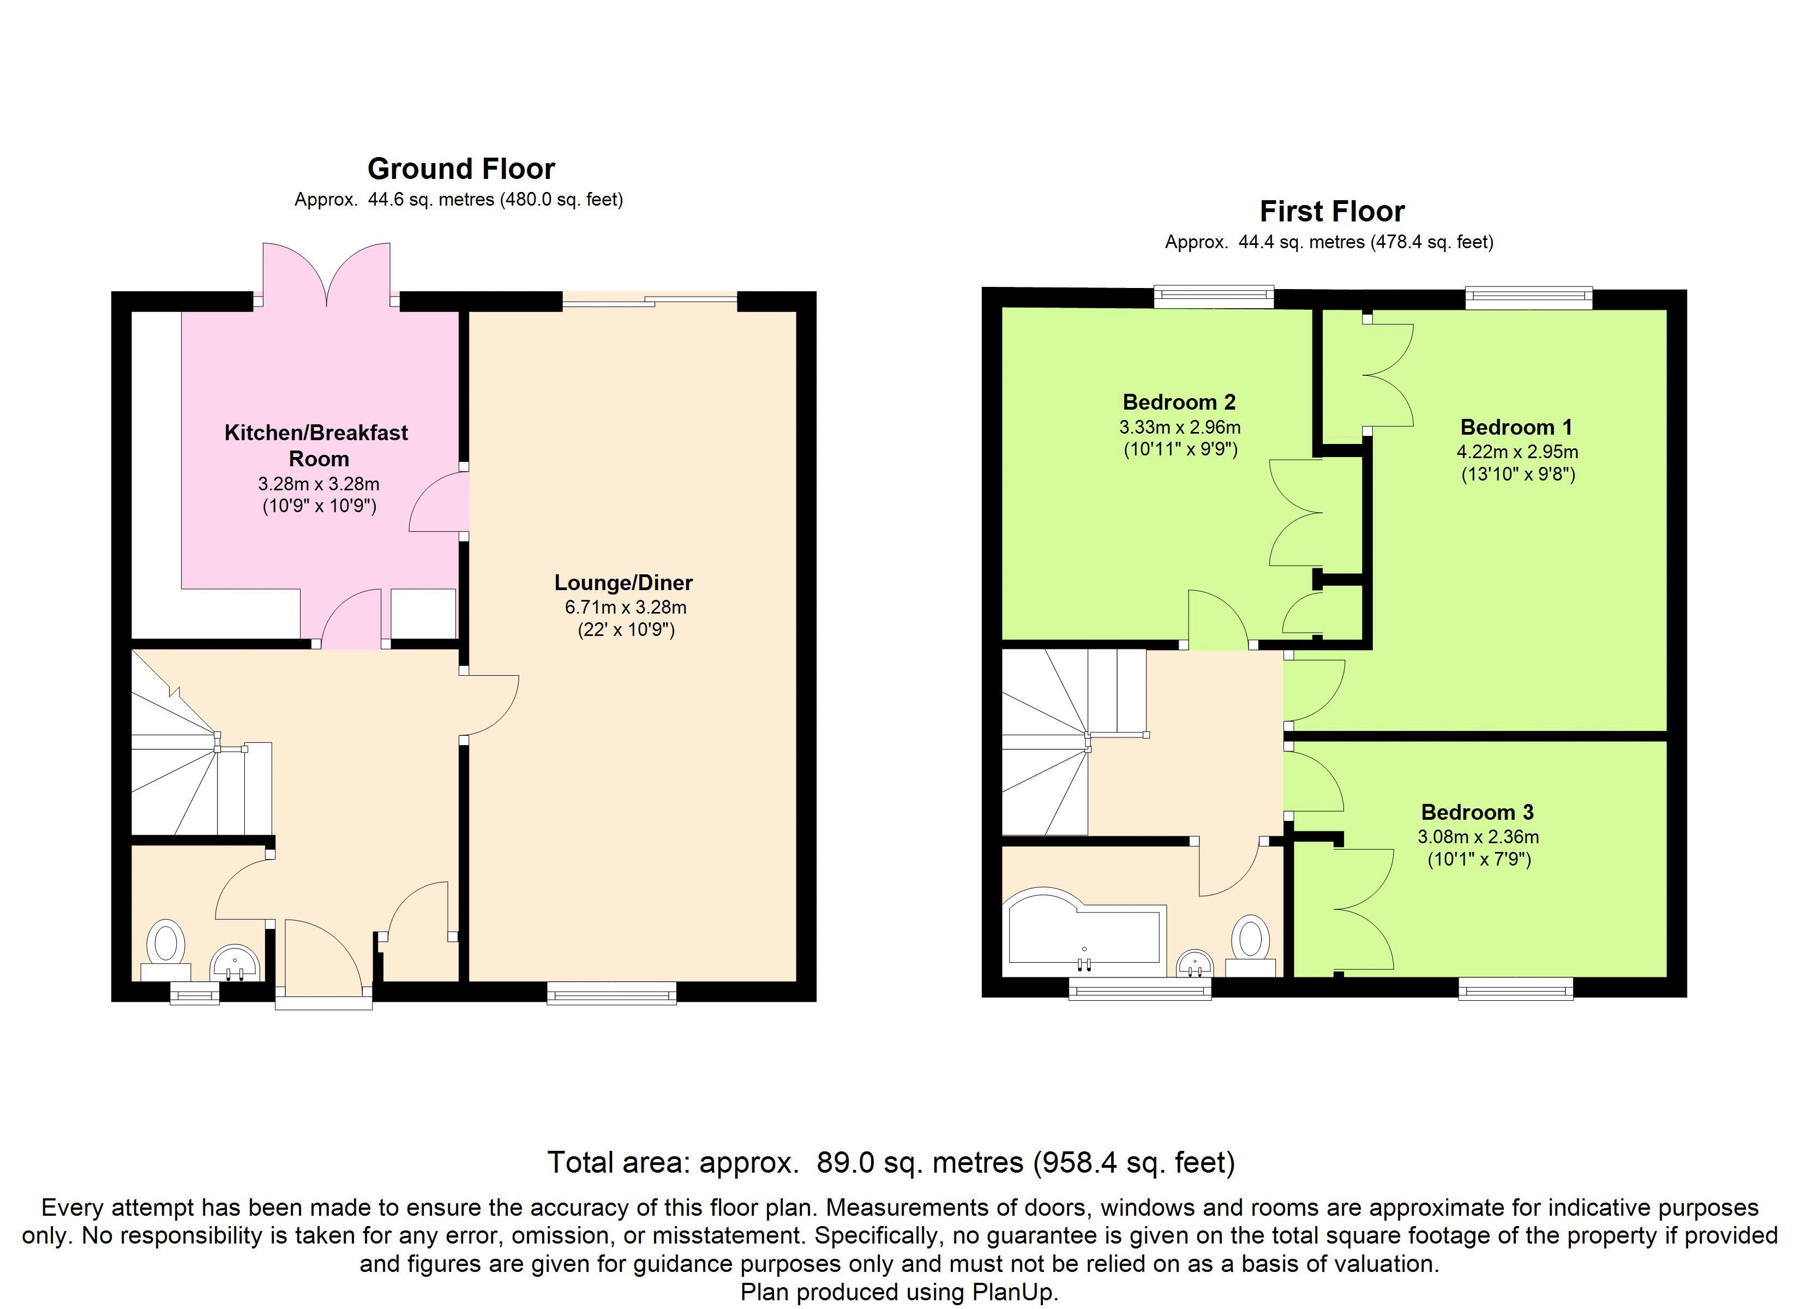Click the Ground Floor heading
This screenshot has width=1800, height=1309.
coord(461,169)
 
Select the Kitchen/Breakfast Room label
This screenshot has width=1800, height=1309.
coord(317,445)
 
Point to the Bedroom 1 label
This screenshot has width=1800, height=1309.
coord(1516,427)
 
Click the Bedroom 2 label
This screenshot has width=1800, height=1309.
coord(1179,401)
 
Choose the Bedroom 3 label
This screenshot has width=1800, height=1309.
coord(1477,812)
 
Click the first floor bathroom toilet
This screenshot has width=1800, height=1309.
coord(1251,945)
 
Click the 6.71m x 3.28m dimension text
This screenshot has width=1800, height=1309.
coord(626,607)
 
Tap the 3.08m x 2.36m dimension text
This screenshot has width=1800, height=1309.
coord(1478,837)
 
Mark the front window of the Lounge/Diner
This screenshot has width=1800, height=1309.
coord(612,993)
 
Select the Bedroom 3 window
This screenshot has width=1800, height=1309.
coord(1516,988)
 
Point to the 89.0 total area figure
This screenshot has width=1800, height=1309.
coord(845,1162)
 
